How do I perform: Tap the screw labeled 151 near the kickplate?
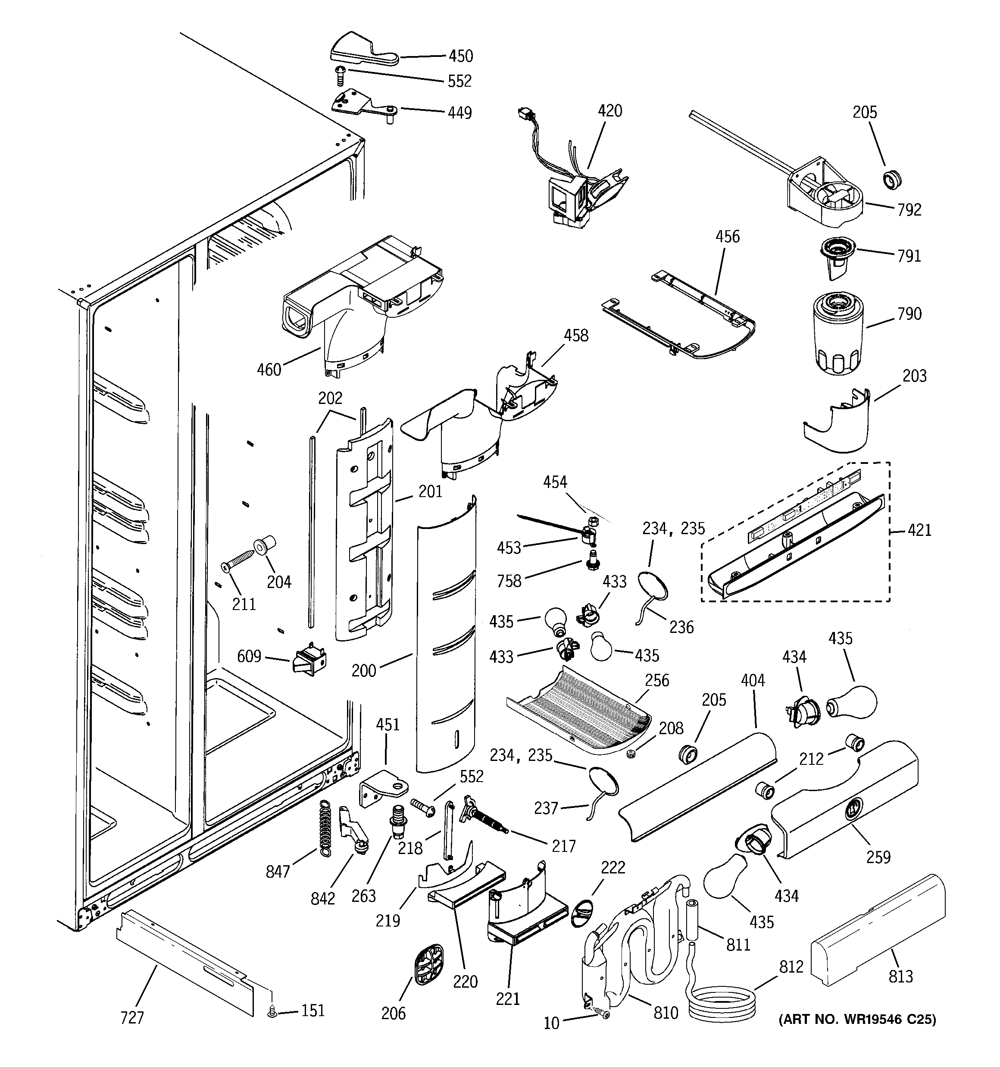tap(272, 1012)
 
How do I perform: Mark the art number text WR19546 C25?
tap(857, 1020)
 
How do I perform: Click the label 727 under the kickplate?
tap(132, 1017)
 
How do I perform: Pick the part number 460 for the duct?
tap(269, 370)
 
